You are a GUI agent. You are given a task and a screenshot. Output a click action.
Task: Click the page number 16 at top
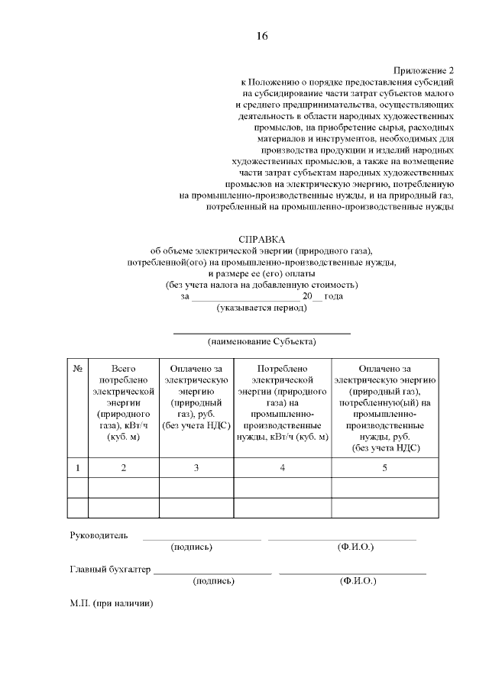(x=261, y=36)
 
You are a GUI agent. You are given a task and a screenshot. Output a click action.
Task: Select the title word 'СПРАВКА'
(x=261, y=239)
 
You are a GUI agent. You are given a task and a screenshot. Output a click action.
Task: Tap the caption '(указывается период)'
(x=261, y=308)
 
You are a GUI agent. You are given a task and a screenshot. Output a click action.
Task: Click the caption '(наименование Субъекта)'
(x=261, y=341)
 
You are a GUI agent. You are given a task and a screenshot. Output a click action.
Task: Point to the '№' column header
(x=78, y=368)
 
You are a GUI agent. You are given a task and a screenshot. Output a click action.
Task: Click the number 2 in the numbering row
(x=124, y=468)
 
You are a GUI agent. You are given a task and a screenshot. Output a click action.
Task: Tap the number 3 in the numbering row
(x=196, y=468)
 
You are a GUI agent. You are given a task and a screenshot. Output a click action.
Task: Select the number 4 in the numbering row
(x=282, y=468)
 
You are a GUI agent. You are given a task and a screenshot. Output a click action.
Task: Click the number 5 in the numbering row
(x=384, y=468)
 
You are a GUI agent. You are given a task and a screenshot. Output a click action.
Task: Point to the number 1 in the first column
(x=78, y=468)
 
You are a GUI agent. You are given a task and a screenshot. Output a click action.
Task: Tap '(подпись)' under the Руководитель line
(x=192, y=547)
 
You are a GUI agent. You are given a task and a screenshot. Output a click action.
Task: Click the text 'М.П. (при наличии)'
(x=112, y=603)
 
